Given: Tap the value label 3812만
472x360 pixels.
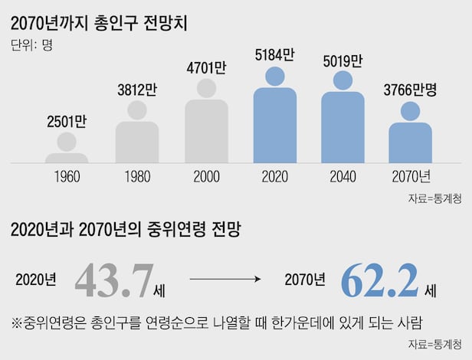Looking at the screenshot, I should click(x=137, y=88).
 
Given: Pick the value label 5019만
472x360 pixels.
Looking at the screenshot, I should click(x=342, y=60).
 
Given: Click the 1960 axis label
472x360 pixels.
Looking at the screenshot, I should click(x=67, y=177).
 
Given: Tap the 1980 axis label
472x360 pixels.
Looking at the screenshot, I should click(x=137, y=177).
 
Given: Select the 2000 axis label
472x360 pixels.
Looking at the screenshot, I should click(x=206, y=177).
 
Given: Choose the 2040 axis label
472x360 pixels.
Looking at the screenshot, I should click(x=342, y=177).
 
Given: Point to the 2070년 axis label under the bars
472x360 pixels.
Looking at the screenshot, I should click(x=411, y=177).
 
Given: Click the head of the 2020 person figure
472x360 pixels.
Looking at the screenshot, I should click(x=274, y=76).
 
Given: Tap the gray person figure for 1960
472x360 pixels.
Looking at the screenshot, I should click(x=67, y=149).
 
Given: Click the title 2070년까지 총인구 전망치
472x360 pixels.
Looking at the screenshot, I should click(x=100, y=22).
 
